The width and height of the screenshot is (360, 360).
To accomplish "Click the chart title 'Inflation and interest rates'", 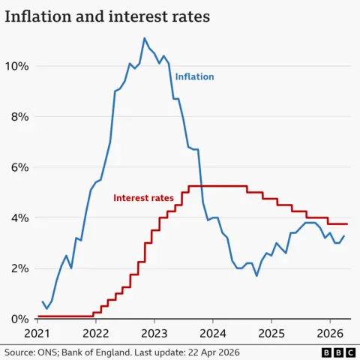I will tap(107, 16).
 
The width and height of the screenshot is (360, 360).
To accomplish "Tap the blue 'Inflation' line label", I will tap(194, 76).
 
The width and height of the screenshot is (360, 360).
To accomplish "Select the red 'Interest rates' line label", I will tap(142, 198).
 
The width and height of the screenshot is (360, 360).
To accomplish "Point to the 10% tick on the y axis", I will tap(17, 66).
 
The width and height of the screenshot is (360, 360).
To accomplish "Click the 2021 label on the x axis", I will tap(37, 332).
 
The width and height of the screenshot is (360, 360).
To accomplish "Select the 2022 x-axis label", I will tap(95, 332).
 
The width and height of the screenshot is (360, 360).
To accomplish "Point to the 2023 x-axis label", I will tap(154, 332).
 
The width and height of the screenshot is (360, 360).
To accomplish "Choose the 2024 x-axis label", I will tap(212, 332).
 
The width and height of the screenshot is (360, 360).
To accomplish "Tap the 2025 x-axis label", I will tap(271, 332).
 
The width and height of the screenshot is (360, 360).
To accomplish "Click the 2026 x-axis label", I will tap(329, 332).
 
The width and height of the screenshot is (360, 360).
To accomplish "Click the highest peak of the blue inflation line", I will tap(145, 38).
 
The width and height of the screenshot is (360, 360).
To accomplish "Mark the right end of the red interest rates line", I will tap(347, 224).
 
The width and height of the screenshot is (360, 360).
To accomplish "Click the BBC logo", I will tap(337, 352).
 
